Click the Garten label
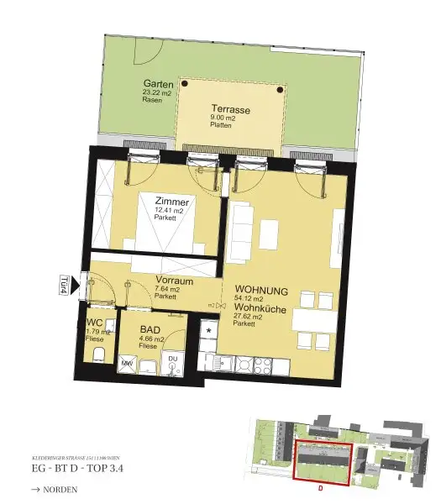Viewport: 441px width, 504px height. [x=158, y=85]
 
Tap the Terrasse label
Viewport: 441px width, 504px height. [x=230, y=111]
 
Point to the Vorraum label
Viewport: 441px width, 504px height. [x=174, y=281]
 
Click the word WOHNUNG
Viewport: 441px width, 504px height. [x=261, y=291]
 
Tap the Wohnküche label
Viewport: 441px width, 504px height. [x=261, y=309]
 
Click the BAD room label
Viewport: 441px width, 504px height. [x=150, y=330]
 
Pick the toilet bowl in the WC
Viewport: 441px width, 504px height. [x=97, y=353]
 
